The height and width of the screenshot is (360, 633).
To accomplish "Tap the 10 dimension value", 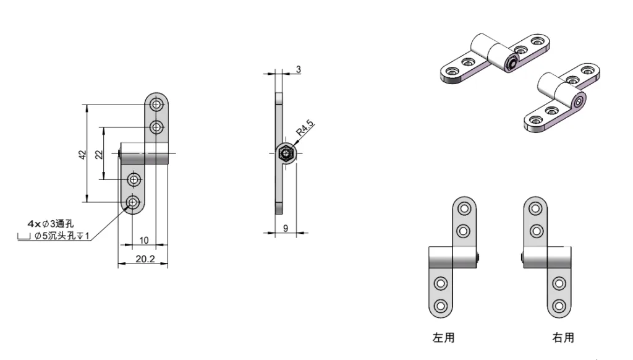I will click(x=143, y=240).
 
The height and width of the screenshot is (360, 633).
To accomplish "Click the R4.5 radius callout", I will click(x=305, y=131).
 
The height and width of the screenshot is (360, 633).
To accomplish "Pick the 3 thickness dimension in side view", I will click(x=298, y=70).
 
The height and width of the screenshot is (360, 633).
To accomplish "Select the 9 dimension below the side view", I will click(x=285, y=228).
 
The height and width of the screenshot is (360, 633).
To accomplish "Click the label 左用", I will click(x=443, y=338).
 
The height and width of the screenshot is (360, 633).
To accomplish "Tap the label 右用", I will click(x=563, y=338).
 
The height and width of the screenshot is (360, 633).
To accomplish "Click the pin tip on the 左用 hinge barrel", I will click(x=479, y=257).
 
